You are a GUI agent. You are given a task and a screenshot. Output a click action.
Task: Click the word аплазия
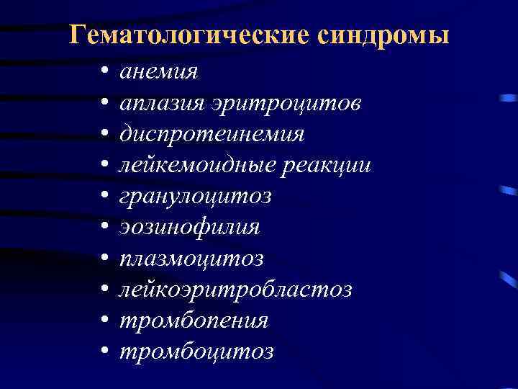tap(163, 104)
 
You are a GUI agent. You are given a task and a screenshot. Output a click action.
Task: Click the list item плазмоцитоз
tap(191, 259)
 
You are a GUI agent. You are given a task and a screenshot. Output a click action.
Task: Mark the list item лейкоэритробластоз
tap(235, 290)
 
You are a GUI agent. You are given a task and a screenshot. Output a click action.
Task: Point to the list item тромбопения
tap(194, 321)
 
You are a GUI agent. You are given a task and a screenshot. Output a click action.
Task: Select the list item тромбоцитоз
tap(196, 352)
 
